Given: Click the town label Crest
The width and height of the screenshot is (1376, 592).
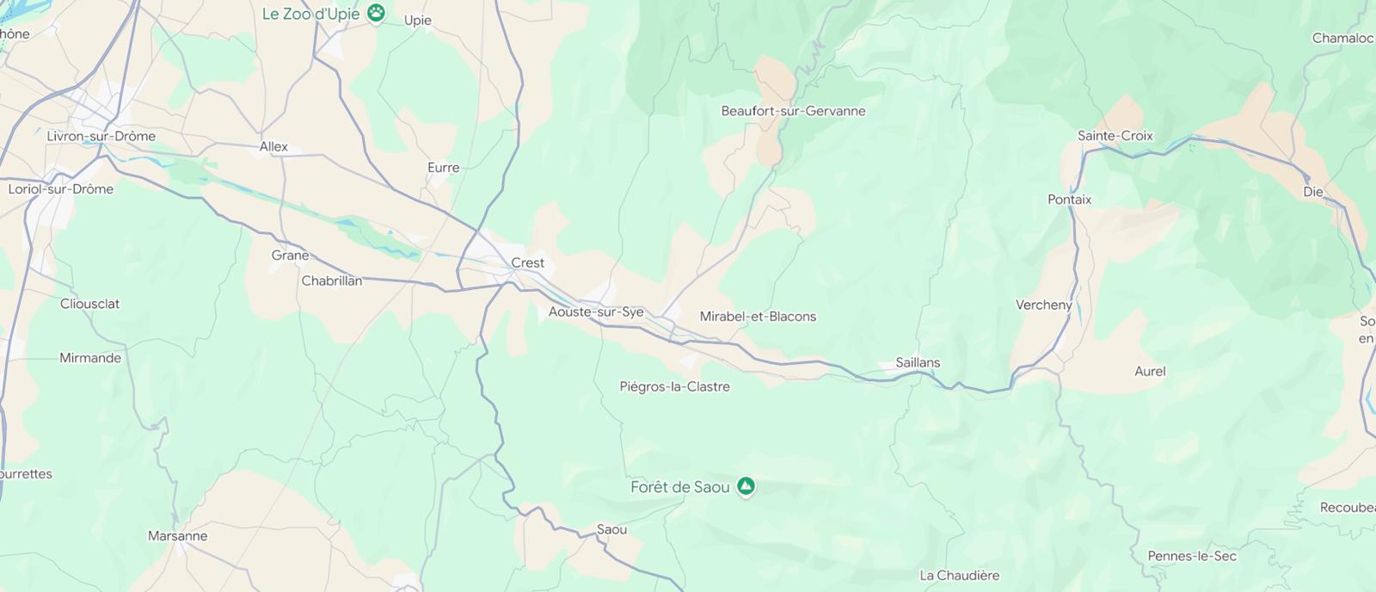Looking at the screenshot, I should (527, 263).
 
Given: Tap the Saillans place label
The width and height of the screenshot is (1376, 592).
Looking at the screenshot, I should (918, 362).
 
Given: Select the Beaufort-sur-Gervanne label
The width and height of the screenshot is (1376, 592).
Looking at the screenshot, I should (793, 111).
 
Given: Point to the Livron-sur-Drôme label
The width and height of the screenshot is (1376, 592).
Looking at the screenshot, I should (101, 136).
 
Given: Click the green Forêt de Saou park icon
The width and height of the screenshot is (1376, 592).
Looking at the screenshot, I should (746, 487).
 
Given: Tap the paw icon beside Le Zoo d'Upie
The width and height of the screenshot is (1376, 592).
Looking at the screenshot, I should (376, 13).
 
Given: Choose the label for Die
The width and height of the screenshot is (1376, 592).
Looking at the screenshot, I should (1312, 192).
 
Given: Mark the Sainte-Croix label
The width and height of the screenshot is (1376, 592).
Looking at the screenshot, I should (1115, 136).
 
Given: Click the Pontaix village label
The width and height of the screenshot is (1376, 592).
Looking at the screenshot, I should (1069, 200).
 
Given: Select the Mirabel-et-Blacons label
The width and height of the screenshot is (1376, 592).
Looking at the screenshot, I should (758, 317).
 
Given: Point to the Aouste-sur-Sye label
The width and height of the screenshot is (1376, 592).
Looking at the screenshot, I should (596, 312).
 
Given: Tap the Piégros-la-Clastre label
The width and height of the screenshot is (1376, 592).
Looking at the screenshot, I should (674, 387).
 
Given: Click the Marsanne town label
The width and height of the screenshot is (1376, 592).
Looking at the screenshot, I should (177, 536).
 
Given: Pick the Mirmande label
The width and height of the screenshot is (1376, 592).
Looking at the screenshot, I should (90, 358).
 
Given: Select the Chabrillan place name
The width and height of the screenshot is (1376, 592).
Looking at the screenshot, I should (331, 281).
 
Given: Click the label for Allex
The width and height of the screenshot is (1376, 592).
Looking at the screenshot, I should (273, 147).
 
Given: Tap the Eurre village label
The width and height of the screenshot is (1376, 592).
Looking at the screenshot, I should (443, 168).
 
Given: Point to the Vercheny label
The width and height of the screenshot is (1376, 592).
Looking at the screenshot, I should (1043, 305).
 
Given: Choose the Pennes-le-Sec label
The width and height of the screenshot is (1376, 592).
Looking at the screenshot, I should (1192, 557).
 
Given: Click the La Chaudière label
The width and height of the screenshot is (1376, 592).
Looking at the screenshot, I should (959, 576).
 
